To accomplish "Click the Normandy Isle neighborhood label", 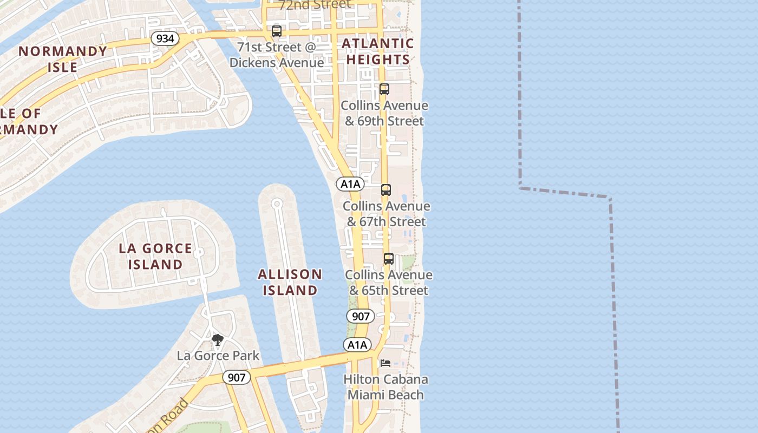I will point(63,59).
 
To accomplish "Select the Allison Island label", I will point(290,282).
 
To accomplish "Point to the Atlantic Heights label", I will point(378,51).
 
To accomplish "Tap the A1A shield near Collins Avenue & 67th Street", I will point(350,184).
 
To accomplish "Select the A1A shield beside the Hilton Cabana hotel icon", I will point(357,345).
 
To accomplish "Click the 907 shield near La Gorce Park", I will point(237,378).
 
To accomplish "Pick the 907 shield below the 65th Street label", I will point(361,316).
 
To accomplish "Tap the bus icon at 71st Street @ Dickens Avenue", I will point(277,31).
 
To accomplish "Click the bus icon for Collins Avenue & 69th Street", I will point(384,89).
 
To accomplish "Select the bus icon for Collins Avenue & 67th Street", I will point(386,190).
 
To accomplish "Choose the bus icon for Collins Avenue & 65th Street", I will point(389,259).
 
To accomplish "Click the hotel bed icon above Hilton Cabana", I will point(385,363).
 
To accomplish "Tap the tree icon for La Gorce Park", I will point(218,340).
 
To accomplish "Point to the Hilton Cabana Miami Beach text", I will point(385,387).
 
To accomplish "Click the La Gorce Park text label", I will point(218,356).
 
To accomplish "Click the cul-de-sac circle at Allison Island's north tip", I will point(277,204).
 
